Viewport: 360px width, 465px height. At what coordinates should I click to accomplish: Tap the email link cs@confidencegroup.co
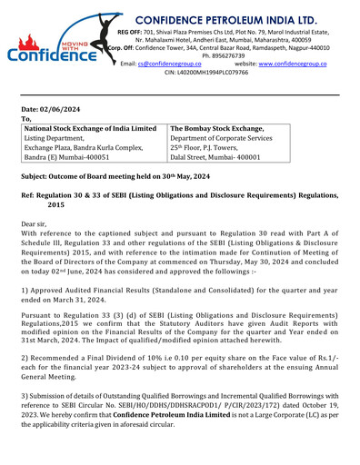169,66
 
